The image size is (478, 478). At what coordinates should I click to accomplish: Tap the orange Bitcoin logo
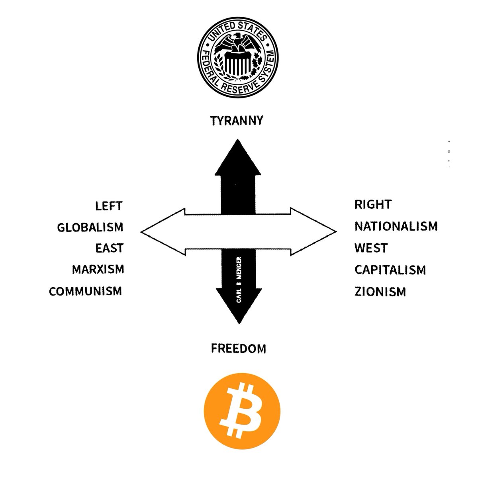(242, 409)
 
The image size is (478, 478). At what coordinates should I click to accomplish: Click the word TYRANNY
(237, 121)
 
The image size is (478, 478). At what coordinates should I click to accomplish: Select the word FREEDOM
(238, 349)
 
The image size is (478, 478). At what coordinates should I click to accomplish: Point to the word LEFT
(109, 206)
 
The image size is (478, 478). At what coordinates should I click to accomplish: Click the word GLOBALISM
(90, 227)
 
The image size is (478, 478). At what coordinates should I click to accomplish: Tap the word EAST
(109, 248)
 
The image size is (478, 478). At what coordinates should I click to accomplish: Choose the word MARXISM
(98, 270)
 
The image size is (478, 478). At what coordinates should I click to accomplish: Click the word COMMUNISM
(85, 291)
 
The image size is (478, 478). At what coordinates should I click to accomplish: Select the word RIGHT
(373, 205)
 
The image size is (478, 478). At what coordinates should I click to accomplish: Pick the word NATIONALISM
(396, 227)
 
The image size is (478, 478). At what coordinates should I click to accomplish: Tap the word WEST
(370, 248)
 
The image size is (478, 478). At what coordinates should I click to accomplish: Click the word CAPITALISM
(390, 270)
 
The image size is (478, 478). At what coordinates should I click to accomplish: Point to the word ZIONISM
(380, 292)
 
